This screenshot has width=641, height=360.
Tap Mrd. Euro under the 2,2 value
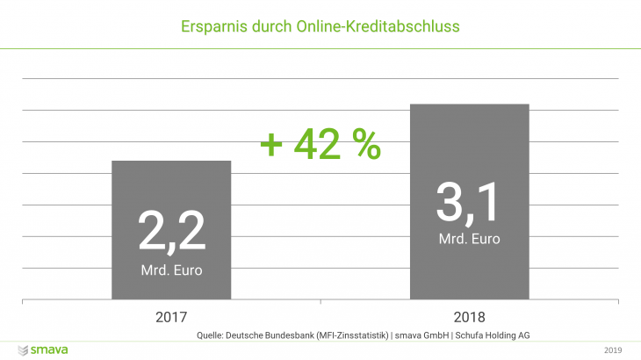click(171, 270)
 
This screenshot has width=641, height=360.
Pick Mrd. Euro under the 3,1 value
click(469, 237)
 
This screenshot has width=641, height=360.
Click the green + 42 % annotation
click(320, 145)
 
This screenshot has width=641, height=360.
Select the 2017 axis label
click(171, 315)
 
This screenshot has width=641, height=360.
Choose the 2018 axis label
click(469, 315)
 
